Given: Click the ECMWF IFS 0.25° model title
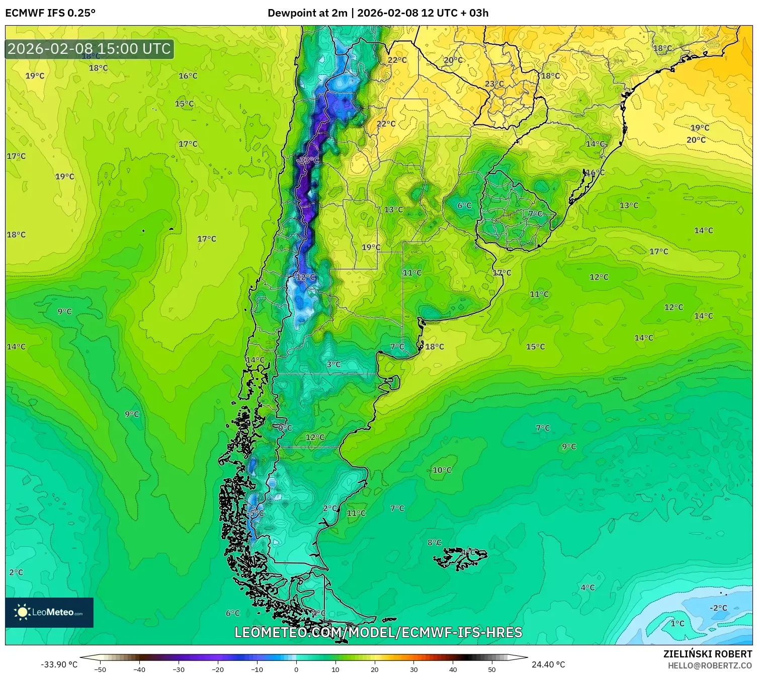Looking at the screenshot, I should pos(50,13).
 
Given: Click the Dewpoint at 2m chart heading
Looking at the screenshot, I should pos(378,13).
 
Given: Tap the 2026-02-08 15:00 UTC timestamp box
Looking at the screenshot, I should pos(89,49).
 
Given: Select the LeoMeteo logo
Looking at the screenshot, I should pos(49,612).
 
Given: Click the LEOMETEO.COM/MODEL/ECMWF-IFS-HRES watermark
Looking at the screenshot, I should pos(378,632).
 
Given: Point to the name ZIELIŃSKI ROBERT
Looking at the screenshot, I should pos(707,654).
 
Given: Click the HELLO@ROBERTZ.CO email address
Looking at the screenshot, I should pos(710,665).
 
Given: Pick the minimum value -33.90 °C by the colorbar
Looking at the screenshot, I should pos(59,664).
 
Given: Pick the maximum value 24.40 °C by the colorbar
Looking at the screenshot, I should pos(548,664).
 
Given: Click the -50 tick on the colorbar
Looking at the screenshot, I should pos(100,669).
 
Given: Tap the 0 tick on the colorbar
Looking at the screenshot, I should pos(296,669).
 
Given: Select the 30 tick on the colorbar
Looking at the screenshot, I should pos(413,669).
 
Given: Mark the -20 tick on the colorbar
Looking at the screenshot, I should pos(217,669).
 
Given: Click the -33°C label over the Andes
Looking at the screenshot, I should pos(308,160).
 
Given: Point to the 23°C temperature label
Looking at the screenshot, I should pos(494,83).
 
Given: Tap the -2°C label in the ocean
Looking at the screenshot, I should pos(718,608).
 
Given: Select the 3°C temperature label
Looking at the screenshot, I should pos(333,364).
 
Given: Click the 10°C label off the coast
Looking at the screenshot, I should pos(442,470).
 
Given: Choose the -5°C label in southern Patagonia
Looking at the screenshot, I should pos(256,513).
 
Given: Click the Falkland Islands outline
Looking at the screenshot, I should pos(460,557).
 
